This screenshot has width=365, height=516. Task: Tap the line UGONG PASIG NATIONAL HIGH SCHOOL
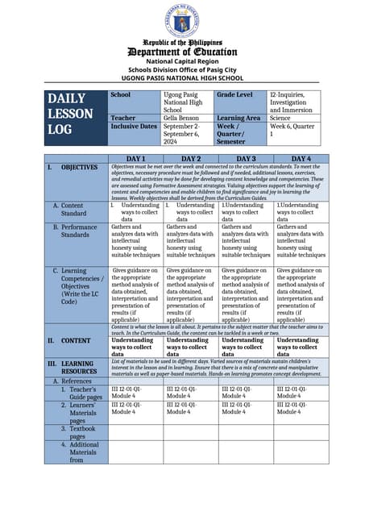(181, 78)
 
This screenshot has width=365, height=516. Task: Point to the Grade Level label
(234, 95)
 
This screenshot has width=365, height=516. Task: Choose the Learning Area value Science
(282, 117)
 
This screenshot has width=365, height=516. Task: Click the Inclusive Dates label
(133, 127)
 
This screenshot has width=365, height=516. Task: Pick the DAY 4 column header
(301, 159)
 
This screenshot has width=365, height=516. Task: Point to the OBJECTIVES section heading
(80, 168)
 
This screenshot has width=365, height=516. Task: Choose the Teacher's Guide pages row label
(85, 393)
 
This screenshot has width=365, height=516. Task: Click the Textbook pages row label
(85, 432)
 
